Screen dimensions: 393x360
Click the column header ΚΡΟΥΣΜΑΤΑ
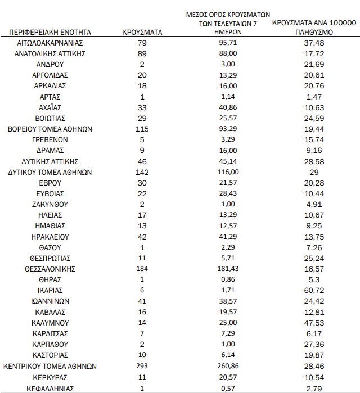(x=142, y=32)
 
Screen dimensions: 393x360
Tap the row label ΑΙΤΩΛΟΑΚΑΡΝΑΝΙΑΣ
(x=50, y=43)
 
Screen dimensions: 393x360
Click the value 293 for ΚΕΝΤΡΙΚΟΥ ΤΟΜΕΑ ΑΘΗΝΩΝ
(x=142, y=366)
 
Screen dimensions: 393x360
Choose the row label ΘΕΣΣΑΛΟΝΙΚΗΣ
(x=50, y=269)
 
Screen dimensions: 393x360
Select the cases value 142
(x=142, y=172)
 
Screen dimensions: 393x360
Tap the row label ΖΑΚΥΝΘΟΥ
(x=50, y=204)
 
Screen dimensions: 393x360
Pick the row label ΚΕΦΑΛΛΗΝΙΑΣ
(x=50, y=388)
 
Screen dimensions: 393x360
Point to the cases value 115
(x=142, y=129)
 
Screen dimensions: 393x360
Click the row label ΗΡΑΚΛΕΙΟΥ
(x=50, y=237)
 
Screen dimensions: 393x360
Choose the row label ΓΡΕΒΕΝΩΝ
(x=50, y=139)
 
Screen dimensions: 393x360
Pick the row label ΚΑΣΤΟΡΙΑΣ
(x=50, y=355)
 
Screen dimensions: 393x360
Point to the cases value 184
(x=142, y=269)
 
